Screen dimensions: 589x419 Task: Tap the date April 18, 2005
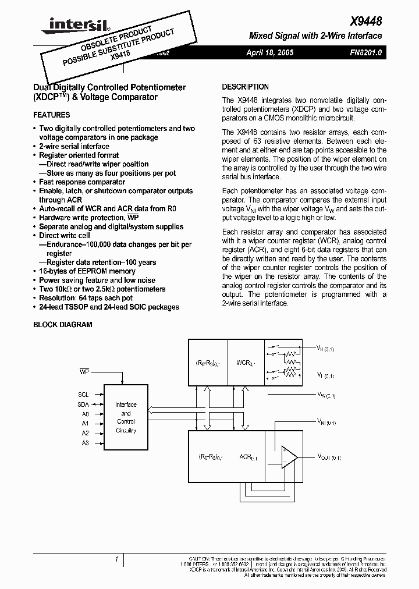(x=270, y=52)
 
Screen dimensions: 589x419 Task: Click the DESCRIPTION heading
(x=245, y=87)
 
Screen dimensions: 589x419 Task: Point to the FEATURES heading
(x=51, y=115)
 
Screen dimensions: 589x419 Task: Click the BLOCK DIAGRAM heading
(x=63, y=324)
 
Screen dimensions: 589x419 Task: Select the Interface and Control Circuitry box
(x=126, y=417)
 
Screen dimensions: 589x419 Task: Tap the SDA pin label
(x=83, y=404)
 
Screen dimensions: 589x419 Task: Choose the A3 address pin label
(x=85, y=443)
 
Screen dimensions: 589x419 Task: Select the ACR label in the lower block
(x=247, y=457)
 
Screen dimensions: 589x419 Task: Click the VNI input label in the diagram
(x=326, y=421)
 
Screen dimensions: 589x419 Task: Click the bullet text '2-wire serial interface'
(x=74, y=146)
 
